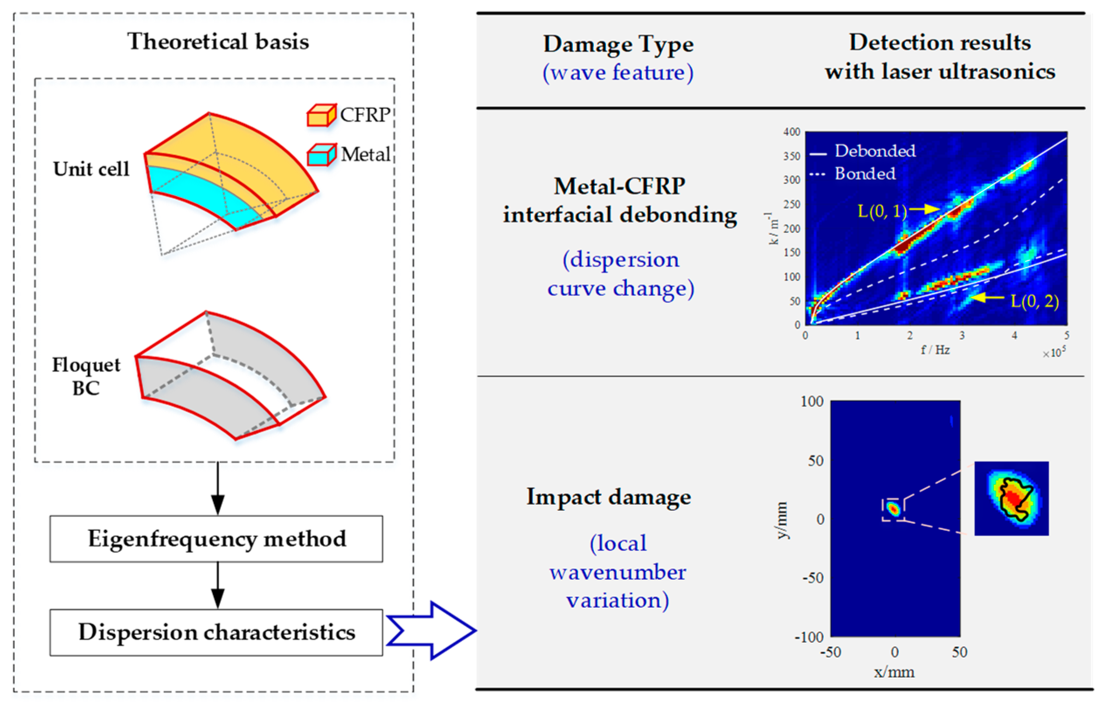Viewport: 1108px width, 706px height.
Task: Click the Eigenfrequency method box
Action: (x=216, y=539)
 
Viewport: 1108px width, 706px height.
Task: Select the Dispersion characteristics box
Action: (x=216, y=632)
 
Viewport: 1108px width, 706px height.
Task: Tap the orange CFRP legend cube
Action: (x=321, y=115)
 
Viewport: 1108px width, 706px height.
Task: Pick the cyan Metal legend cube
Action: (x=321, y=155)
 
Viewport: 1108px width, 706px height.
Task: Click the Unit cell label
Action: (x=91, y=169)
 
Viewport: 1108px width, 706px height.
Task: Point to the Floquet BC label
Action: (x=86, y=376)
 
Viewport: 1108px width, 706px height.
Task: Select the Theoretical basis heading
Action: (x=218, y=41)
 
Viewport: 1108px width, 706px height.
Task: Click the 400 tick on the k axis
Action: (x=792, y=132)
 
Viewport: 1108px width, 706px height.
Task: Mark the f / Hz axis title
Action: (x=935, y=350)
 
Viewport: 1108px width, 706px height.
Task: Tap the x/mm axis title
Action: (x=894, y=672)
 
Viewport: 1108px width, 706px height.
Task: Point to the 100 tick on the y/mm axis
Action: (x=812, y=402)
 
